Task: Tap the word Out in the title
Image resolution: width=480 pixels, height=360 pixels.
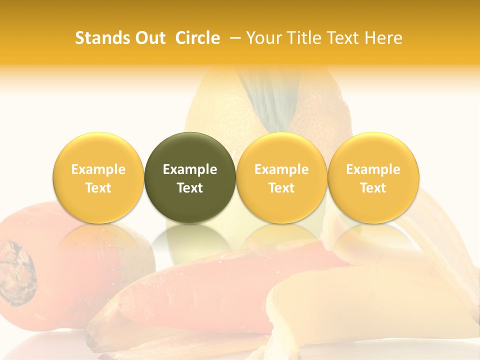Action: (148, 38)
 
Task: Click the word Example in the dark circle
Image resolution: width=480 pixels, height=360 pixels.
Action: (190, 169)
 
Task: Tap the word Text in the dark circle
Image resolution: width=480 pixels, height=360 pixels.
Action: (190, 188)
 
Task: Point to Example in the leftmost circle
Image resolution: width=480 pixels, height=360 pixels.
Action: (98, 169)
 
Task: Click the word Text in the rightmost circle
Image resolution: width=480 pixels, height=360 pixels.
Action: (373, 188)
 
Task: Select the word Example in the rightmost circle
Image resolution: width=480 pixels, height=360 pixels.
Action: (373, 169)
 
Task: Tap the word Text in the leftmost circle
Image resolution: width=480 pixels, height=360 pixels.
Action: (98, 188)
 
